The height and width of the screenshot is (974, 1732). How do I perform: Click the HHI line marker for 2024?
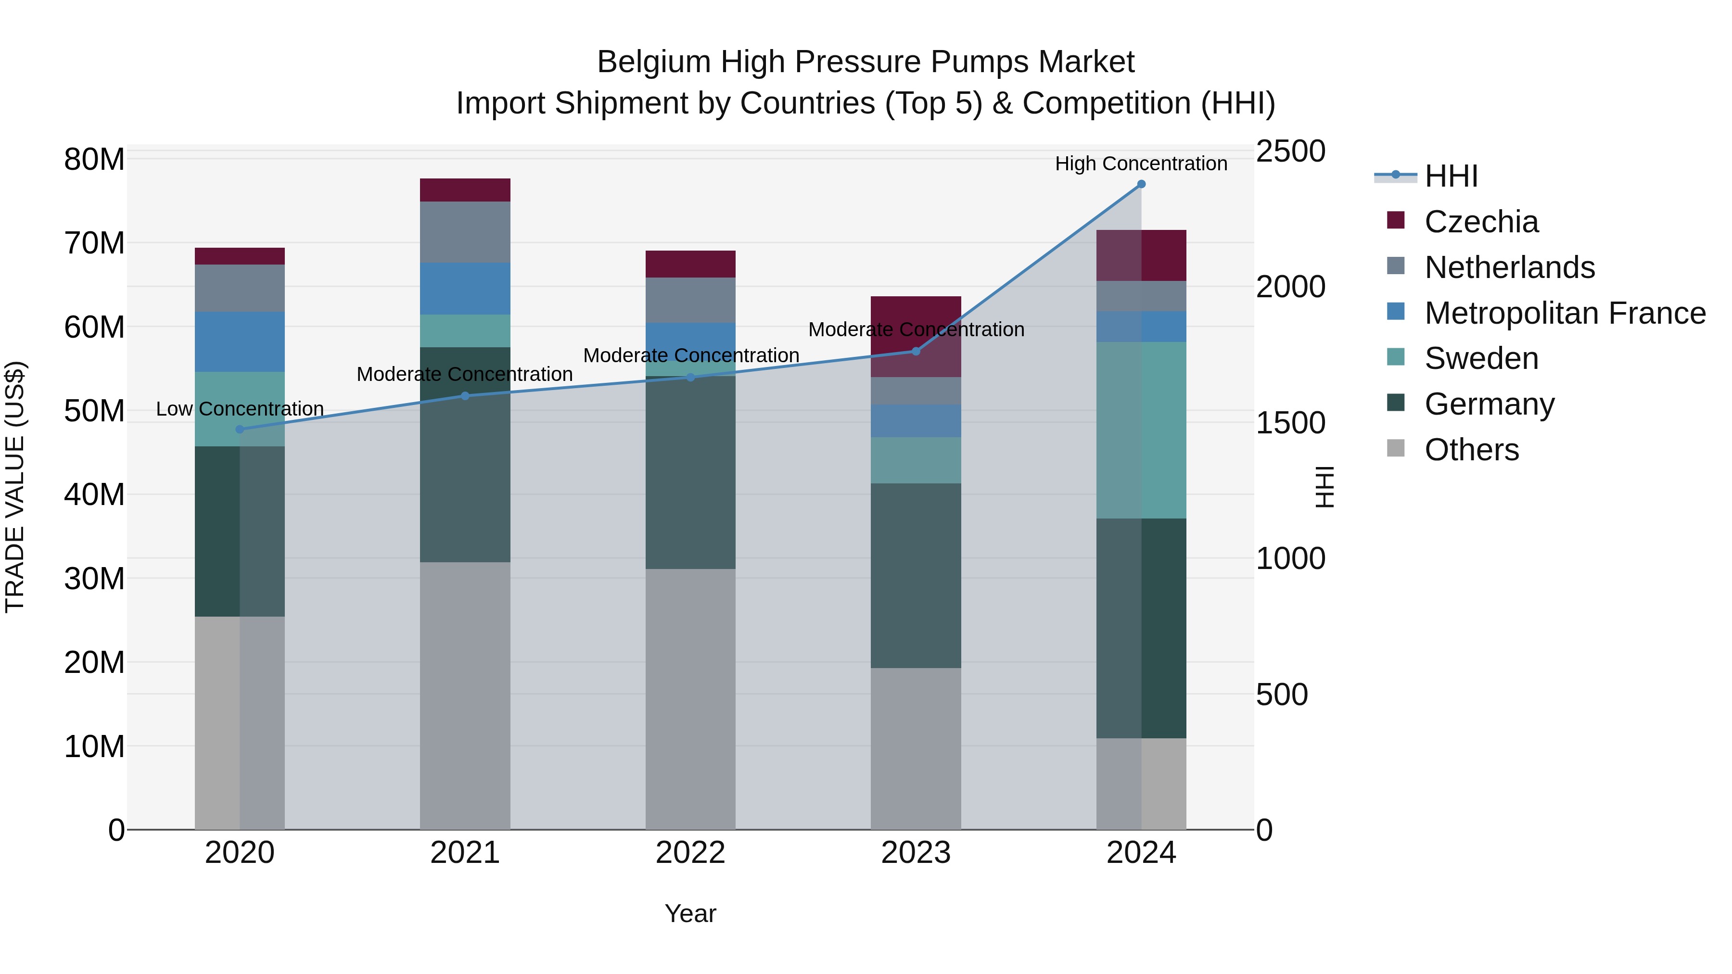[1141, 184]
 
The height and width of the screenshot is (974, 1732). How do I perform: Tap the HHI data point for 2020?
[240, 430]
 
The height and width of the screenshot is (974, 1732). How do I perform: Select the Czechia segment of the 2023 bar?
[916, 336]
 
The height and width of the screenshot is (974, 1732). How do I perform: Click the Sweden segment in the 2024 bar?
[1141, 430]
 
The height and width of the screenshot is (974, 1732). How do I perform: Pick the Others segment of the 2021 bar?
[465, 696]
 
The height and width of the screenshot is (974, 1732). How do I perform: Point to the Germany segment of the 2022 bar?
[690, 472]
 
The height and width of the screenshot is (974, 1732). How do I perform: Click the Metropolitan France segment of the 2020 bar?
[240, 342]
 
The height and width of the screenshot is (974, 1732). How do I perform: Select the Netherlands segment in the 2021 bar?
[465, 232]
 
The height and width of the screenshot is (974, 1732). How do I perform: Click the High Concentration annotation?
[1141, 164]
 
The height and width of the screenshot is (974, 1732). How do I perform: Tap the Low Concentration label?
[240, 409]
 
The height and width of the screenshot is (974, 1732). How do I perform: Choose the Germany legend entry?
[1489, 404]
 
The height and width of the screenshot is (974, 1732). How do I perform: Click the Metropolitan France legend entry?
[1565, 313]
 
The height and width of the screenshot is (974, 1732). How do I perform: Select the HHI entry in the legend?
[1451, 176]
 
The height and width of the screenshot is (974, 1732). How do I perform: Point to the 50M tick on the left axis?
[94, 411]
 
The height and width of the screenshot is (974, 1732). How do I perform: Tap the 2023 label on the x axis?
[916, 853]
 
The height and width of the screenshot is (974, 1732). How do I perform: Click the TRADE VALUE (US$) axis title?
[15, 487]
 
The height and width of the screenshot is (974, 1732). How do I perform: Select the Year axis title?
[690, 913]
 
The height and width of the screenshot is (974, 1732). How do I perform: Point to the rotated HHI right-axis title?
[1324, 487]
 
